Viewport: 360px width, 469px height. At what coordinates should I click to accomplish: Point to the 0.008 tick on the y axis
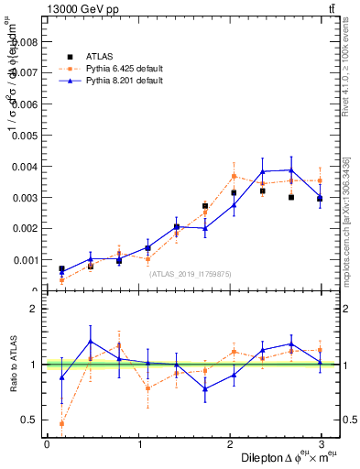[25, 41]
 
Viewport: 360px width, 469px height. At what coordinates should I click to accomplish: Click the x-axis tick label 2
[230, 444]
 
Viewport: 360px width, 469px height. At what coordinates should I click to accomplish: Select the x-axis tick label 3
[322, 444]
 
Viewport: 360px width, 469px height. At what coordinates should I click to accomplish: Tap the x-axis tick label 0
[47, 444]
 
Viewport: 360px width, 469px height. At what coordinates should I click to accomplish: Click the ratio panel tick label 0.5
[29, 420]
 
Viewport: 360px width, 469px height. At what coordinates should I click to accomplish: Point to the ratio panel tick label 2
[33, 309]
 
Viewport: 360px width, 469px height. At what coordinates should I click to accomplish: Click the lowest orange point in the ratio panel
[62, 423]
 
